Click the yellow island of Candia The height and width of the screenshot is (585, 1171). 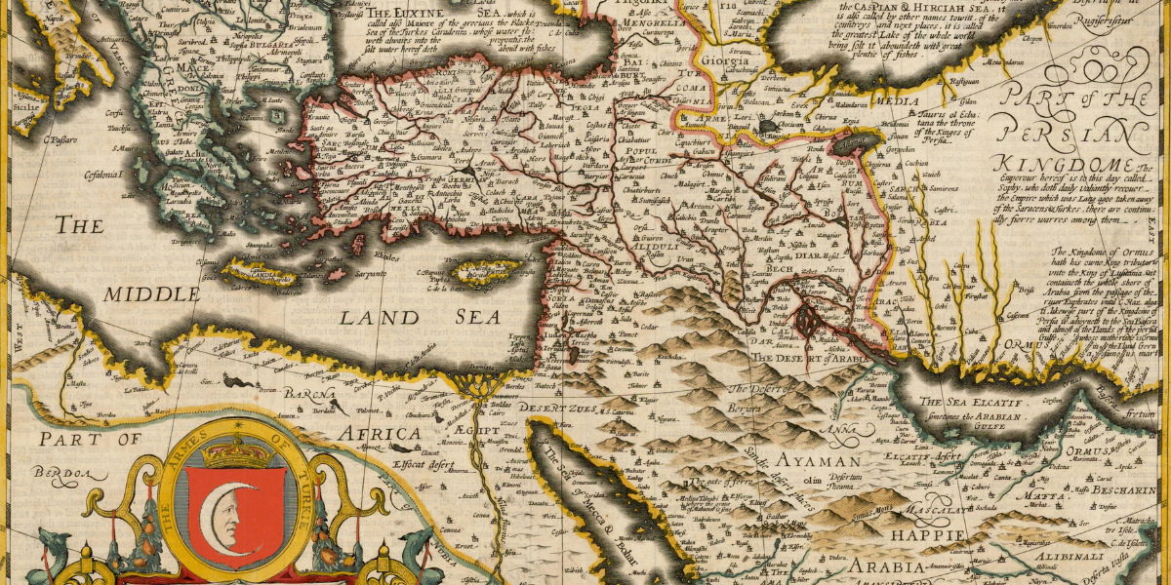tap(257, 273)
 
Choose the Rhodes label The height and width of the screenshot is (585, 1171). tap(387, 256)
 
